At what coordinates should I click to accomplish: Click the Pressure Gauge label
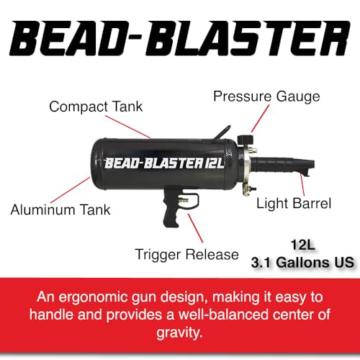click(266, 96)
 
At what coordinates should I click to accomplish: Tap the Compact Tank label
click(96, 107)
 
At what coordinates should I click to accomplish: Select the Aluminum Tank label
click(60, 210)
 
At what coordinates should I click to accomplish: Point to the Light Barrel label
click(294, 203)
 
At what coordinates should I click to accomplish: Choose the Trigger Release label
click(187, 254)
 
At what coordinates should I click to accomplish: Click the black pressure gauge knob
click(245, 140)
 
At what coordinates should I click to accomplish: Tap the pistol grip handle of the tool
click(171, 208)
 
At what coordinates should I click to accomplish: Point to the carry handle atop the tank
click(222, 132)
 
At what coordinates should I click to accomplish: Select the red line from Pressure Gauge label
click(260, 118)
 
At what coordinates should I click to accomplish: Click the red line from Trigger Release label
click(196, 228)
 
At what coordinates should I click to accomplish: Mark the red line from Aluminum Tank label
click(71, 190)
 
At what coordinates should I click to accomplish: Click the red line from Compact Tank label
click(127, 127)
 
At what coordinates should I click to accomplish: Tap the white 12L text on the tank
click(215, 163)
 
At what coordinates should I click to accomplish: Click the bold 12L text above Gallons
click(302, 245)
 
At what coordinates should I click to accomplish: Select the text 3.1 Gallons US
click(302, 262)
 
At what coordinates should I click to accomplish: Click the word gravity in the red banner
click(179, 333)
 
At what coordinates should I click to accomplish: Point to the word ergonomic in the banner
click(94, 297)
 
